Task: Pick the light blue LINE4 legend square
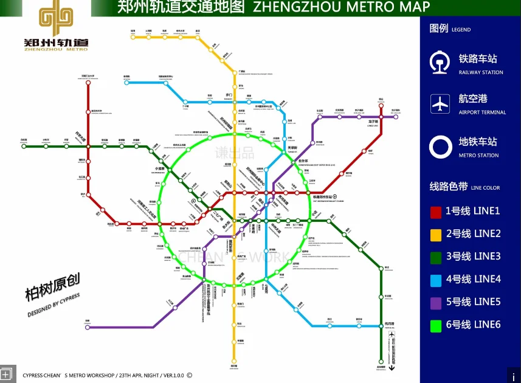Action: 436,280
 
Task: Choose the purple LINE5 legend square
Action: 436,302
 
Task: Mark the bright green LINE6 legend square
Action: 436,325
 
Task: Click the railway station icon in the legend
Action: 440,63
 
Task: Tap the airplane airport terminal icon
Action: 440,104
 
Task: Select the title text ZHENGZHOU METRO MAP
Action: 340,7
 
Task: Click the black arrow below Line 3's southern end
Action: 393,367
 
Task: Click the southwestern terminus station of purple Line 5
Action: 88,327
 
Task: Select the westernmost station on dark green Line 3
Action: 24,146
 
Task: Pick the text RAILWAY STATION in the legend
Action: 481,72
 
